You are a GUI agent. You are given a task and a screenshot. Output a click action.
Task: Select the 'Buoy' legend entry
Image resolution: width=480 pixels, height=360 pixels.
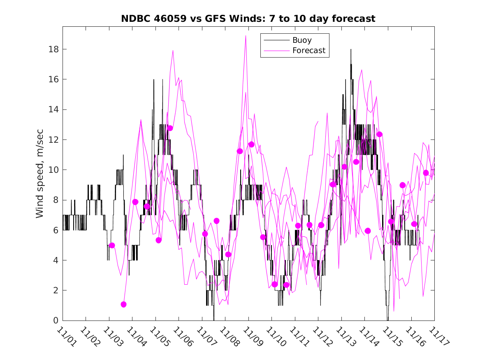point(301,40)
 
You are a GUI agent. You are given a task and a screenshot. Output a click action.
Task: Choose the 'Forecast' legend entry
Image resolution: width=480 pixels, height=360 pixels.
point(308,51)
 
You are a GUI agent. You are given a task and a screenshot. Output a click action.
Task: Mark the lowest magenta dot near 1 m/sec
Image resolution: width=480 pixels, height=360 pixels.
point(123,304)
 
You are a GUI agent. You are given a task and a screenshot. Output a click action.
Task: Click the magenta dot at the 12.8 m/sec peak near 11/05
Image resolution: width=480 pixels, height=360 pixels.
point(170,128)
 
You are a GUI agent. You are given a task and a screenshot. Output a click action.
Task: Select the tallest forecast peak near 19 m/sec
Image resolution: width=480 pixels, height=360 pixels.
point(246,36)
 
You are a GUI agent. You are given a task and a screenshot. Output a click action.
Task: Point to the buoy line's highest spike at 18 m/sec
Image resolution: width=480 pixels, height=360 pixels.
point(351,49)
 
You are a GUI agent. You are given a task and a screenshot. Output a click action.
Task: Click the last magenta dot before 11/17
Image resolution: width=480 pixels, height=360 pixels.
point(426,173)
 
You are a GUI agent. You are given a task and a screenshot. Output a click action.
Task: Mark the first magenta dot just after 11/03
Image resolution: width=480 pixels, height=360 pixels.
point(112,245)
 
